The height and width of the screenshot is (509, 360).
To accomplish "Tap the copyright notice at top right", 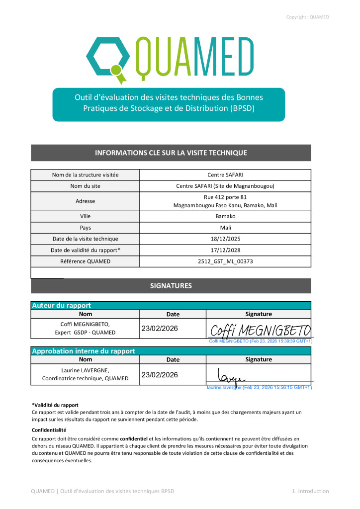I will (x=307, y=17).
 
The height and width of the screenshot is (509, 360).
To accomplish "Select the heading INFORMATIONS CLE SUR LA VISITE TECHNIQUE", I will (x=171, y=153).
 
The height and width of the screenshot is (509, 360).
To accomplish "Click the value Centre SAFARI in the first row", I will (x=225, y=175).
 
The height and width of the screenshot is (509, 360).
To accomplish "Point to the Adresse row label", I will (x=85, y=201).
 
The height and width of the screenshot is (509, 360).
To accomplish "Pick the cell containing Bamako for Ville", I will (x=225, y=217).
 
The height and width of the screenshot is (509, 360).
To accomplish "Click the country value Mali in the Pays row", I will (x=225, y=228).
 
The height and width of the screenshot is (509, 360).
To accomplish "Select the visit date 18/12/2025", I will (x=225, y=239).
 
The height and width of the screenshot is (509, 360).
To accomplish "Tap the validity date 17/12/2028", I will (x=225, y=250).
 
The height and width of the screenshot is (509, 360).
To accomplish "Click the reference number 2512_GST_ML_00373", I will (x=225, y=261).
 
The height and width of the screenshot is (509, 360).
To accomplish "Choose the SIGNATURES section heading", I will (x=171, y=286).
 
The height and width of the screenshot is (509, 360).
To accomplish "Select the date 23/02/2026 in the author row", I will (x=160, y=329).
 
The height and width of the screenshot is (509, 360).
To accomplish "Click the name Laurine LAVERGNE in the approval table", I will (x=85, y=370).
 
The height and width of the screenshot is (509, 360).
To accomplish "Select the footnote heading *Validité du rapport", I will (x=55, y=405).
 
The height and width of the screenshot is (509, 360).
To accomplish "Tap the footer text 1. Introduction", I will (x=310, y=491).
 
